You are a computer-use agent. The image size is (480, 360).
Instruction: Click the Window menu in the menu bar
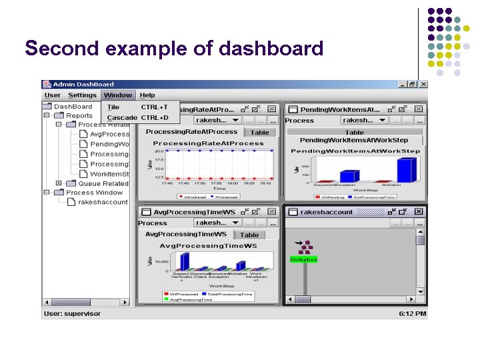118,95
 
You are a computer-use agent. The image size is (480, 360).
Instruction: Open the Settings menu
83,95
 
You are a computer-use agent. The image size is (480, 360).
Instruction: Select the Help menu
147,95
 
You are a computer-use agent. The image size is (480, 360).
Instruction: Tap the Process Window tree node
95,193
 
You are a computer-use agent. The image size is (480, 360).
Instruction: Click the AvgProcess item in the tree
109,134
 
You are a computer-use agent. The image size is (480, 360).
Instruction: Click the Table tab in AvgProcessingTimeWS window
249,235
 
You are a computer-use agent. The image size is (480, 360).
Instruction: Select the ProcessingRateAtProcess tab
191,132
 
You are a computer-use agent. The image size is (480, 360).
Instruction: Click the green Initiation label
304,259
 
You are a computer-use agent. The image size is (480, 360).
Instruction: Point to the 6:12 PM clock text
412,313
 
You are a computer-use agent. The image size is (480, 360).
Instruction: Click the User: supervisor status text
73,313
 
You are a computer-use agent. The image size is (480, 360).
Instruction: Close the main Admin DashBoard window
421,84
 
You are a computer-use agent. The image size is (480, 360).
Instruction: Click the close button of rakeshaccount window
419,211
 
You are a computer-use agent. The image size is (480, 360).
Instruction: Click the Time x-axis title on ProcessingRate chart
219,189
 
